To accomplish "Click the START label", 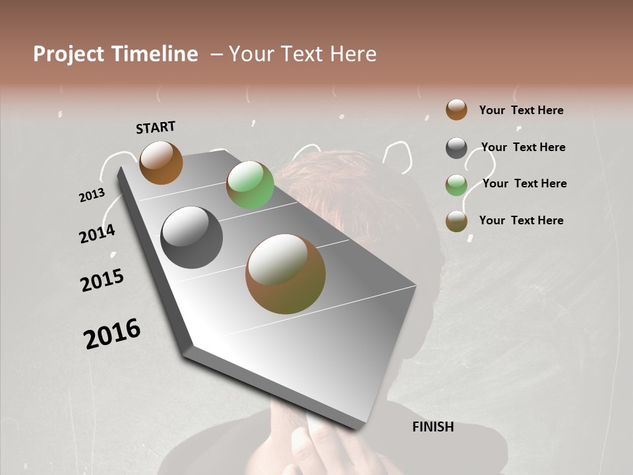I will pos(156,127).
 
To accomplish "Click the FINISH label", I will pos(433,427).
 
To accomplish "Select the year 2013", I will pos(92,195).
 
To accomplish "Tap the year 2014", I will pos(97,234).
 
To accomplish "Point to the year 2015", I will pos(102,280).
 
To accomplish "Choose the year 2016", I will pos(112,333).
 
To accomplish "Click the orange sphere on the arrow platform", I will pos(161,162).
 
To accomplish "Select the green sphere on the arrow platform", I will pos(250,185).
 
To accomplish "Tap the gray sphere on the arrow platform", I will pos(191,237).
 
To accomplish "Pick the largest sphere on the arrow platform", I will pos(286,274).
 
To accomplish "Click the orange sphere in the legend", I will pos(456,110).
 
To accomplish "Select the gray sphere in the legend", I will pos(456,148).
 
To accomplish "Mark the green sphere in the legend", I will pos(456,185).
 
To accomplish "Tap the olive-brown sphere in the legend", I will pos(456,221).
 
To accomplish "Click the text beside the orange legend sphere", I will pos(521,110).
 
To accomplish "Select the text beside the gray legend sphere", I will pos(523,147).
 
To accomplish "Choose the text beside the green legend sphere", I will pos(524,183).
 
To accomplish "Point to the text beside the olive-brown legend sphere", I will pos(521,220).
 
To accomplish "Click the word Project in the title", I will pos(69,54).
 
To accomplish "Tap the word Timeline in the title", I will pos(154,54).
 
